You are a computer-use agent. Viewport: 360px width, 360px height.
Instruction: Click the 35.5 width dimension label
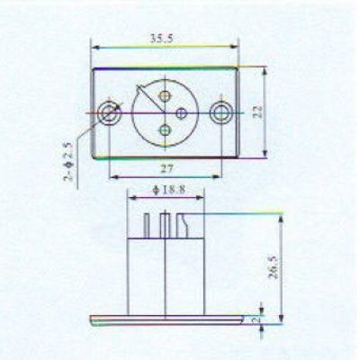click(162, 39)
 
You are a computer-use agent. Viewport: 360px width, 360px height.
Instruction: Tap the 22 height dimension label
click(257, 112)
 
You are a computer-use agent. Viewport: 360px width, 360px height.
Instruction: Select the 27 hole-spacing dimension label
click(166, 169)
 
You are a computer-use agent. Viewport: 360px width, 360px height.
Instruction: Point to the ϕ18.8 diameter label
click(168, 190)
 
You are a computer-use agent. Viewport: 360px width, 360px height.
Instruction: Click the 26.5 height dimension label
click(274, 267)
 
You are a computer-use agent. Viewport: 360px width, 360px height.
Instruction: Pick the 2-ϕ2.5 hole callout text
click(68, 162)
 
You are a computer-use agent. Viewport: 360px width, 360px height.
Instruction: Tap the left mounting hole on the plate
click(110, 113)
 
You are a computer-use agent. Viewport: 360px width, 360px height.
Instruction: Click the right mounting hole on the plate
click(221, 113)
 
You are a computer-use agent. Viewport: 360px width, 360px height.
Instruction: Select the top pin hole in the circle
click(165, 96)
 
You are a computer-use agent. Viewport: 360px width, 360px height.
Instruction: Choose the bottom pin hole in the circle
click(165, 130)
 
